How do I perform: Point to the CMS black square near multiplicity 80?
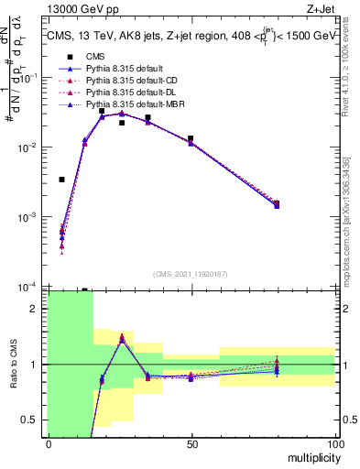tap(277, 203)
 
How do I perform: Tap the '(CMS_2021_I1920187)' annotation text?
tap(191, 273)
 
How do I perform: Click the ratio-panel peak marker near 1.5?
tap(122, 337)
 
